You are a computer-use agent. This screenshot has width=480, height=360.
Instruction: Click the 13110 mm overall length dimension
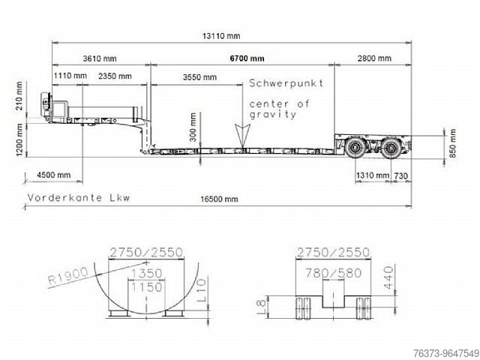(221, 36)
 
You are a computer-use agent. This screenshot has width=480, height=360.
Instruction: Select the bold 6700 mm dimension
(247, 58)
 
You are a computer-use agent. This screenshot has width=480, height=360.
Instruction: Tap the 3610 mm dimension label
(100, 58)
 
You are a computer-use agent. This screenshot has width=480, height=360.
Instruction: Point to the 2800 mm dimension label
(374, 58)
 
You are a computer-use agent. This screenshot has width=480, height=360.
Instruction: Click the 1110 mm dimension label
(70, 76)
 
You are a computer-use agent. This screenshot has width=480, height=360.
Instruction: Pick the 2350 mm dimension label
(115, 76)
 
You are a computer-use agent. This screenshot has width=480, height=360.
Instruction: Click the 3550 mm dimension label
(199, 77)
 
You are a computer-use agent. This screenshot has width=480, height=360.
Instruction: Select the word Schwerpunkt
(286, 83)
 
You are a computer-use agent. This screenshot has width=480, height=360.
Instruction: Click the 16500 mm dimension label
(219, 199)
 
